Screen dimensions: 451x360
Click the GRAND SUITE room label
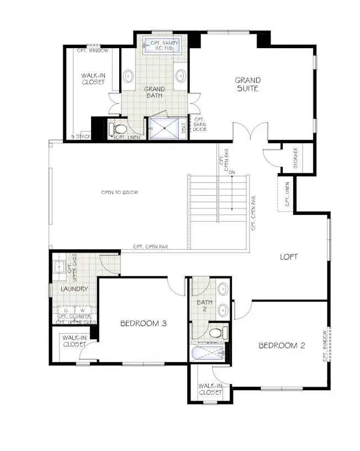click(247, 84)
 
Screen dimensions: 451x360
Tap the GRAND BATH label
click(154, 92)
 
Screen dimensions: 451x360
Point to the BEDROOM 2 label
click(282, 345)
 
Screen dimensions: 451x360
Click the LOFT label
click(289, 256)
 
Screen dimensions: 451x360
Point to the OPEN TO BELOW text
click(119, 192)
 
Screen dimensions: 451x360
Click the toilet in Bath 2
click(218, 333)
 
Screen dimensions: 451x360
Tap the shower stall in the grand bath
click(164, 128)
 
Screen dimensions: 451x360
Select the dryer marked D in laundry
click(66, 311)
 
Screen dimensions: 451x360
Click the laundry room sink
click(60, 268)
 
